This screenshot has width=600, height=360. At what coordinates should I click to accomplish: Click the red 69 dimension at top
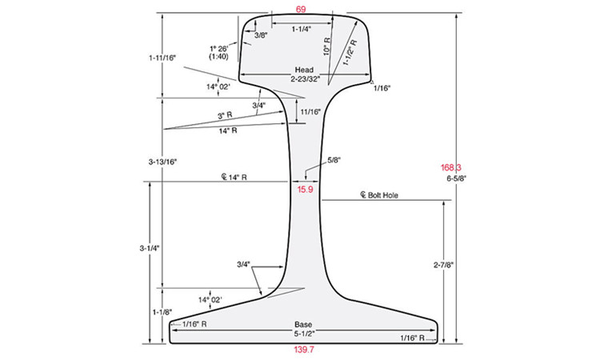(301, 9)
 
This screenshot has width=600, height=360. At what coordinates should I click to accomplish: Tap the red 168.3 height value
(450, 167)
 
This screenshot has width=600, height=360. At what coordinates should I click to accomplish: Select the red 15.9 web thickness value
(305, 189)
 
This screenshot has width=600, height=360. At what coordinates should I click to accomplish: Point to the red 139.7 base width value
(304, 350)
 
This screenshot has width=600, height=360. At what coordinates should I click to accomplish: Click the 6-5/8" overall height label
(457, 178)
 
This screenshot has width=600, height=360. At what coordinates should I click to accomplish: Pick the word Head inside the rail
(304, 70)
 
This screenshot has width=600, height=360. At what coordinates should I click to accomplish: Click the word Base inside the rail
(303, 325)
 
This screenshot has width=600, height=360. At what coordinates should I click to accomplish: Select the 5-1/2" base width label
(304, 334)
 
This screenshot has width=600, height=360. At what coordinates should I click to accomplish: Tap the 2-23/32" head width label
(305, 79)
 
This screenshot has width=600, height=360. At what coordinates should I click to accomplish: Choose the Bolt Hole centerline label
(379, 195)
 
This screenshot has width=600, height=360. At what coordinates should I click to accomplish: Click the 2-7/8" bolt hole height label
(443, 265)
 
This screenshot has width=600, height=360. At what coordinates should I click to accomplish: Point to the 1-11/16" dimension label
(162, 58)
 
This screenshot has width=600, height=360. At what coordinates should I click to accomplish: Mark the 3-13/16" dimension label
(163, 162)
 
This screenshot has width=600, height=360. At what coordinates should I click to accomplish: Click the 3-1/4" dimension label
(150, 248)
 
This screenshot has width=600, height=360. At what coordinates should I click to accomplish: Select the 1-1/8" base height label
(162, 312)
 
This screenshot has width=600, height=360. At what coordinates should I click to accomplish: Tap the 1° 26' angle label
(219, 49)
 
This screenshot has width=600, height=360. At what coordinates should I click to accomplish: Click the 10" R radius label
(326, 46)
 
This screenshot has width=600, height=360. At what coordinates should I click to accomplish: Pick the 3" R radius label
(225, 115)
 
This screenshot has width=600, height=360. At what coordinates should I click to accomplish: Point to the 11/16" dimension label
(310, 112)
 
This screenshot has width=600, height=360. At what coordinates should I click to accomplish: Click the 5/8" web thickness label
(334, 160)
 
